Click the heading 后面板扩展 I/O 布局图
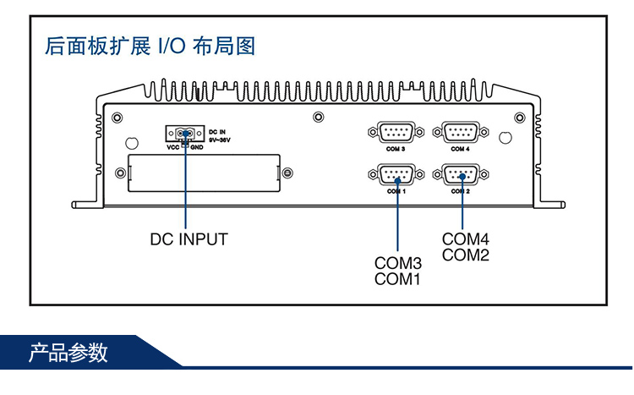point(150,46)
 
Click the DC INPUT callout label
point(189,239)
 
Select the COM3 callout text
point(397,264)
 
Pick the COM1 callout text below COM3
point(397,279)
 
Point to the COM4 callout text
point(466,239)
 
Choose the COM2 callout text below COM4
point(466,255)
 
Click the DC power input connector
point(184,133)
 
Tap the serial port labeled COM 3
point(390,132)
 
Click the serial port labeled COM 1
point(390,175)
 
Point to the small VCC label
point(172,147)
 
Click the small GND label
point(196,147)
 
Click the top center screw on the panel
point(318,118)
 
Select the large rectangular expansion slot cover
point(204,173)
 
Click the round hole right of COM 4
point(506,137)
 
